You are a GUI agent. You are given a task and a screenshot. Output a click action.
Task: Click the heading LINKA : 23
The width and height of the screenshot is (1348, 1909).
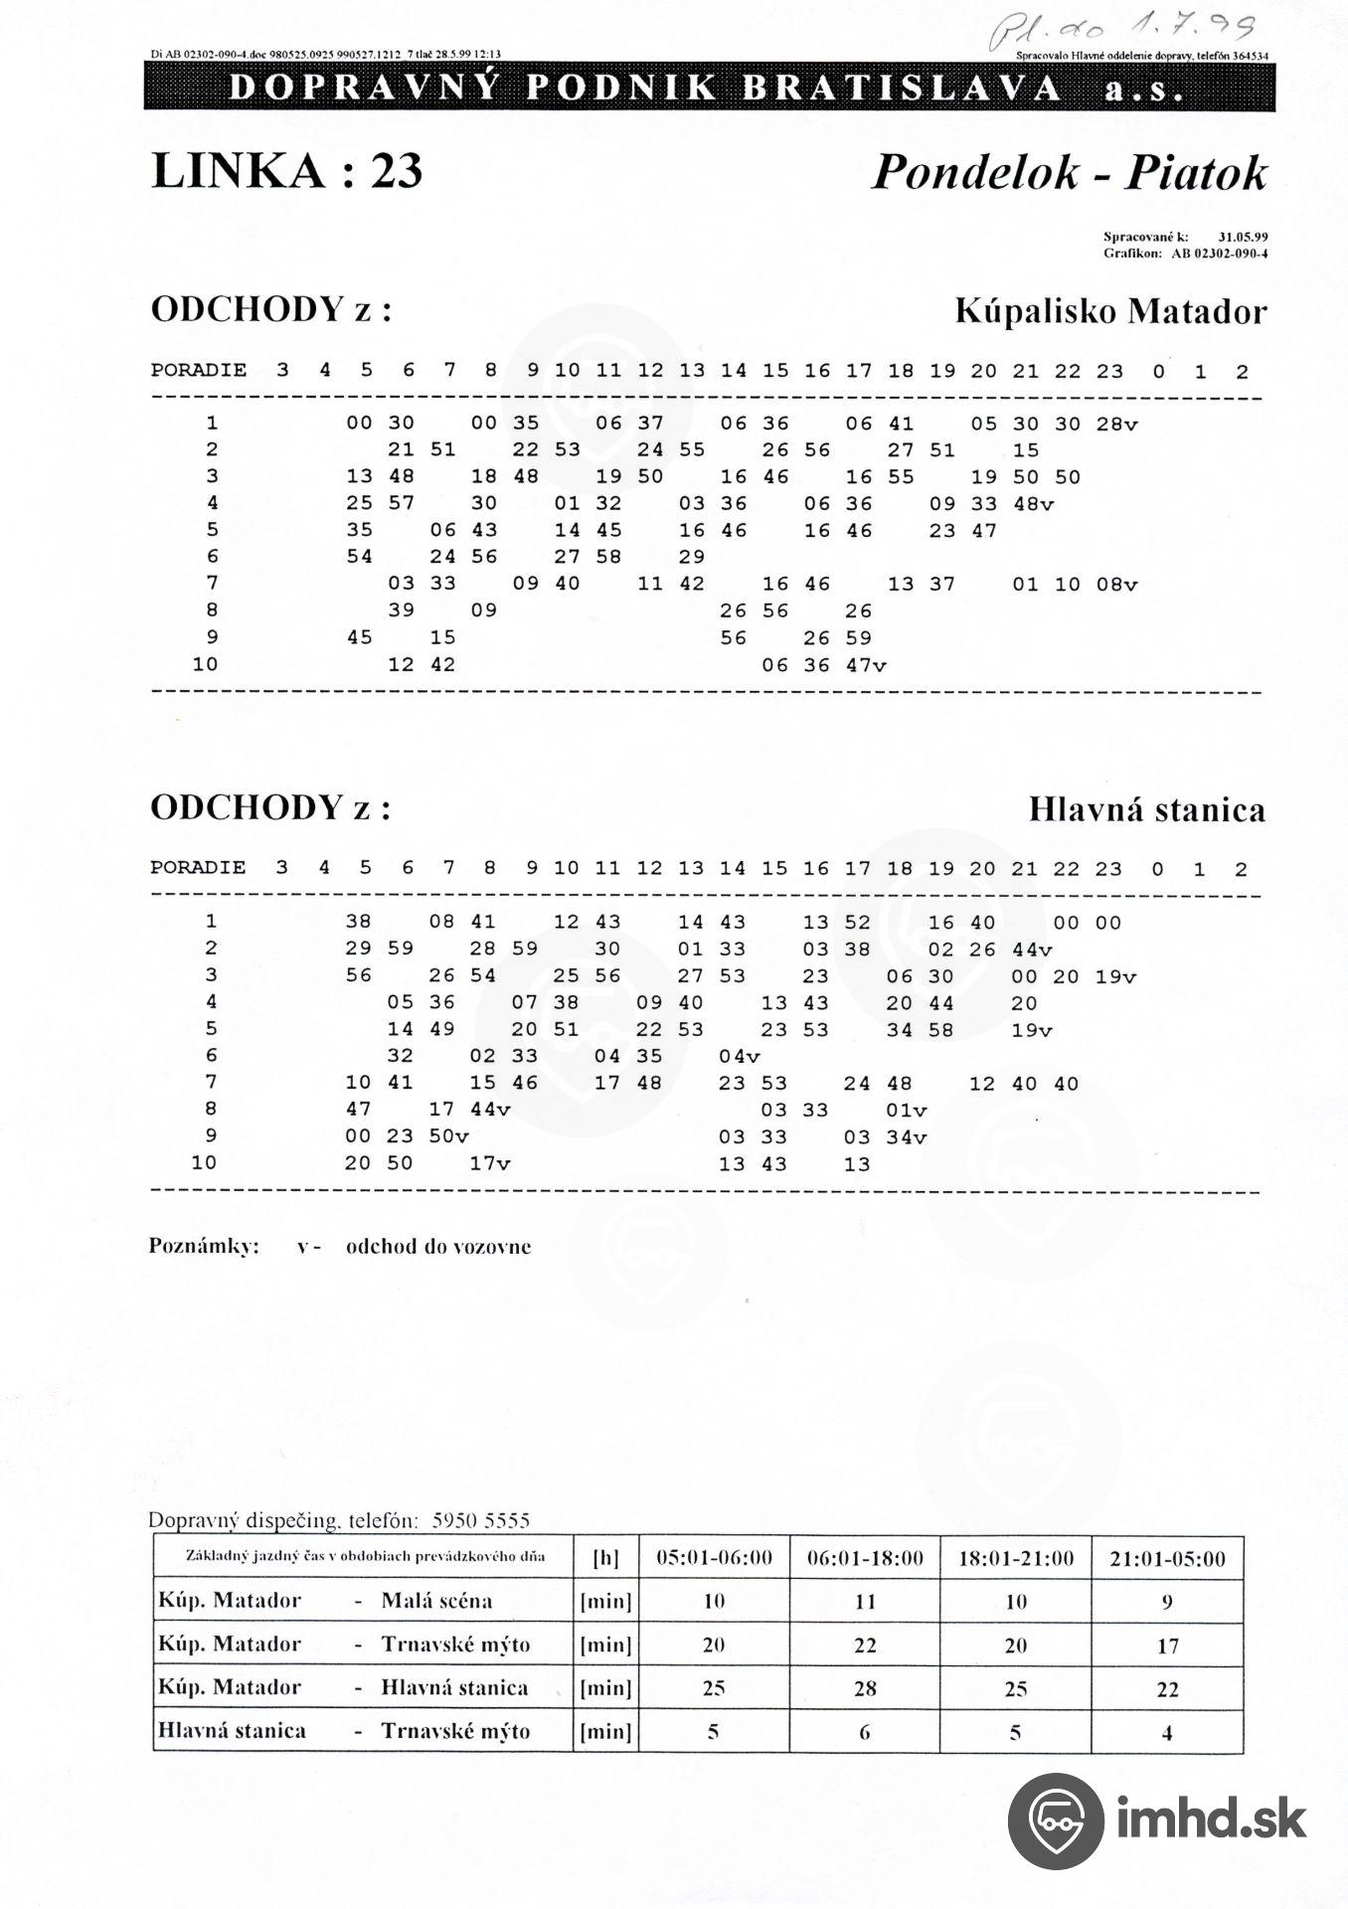286,171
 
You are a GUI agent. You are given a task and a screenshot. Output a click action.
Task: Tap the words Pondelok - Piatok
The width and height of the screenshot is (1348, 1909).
1070,173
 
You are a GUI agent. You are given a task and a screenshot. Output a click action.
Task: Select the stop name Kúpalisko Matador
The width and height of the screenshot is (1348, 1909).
1110,312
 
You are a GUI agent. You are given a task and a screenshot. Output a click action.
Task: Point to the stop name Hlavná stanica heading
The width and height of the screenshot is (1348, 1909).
1146,809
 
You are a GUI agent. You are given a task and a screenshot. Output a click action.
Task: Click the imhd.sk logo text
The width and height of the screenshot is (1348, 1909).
1210,1821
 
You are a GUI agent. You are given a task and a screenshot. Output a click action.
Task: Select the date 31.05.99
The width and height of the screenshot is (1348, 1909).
1243,237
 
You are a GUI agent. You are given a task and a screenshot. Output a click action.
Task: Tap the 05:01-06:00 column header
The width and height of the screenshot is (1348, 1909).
714,1558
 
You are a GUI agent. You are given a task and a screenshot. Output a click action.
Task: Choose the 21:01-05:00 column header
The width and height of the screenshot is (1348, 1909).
1167,1558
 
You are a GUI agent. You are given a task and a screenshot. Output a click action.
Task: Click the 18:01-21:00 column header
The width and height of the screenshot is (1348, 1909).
1015,1558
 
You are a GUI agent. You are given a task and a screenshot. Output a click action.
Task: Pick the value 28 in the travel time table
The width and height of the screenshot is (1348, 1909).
865,1688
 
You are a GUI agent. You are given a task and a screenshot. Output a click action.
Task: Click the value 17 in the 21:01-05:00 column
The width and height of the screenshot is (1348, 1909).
1167,1646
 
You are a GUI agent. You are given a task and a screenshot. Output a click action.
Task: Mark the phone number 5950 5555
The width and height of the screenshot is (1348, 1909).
481,1520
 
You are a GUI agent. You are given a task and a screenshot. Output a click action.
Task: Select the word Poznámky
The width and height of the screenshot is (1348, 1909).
204,1247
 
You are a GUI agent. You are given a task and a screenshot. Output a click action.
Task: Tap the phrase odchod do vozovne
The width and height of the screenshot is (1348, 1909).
437,1247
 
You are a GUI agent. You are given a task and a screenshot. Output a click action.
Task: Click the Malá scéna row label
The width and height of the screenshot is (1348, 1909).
435,1601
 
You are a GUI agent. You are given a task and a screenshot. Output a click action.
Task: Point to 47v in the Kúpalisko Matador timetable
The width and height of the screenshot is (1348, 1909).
865,665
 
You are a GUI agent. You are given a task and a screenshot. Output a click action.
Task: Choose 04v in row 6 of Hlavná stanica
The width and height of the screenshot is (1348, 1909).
740,1056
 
